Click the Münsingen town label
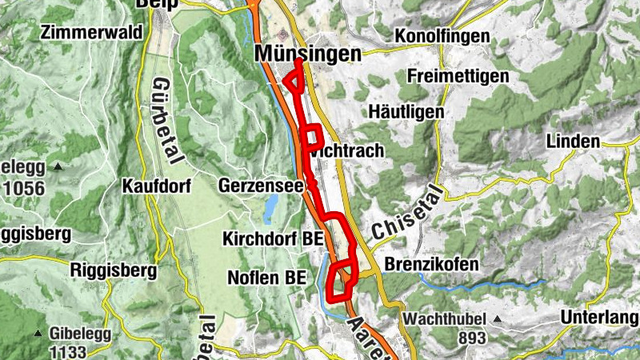pos(307,53)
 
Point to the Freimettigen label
pos(458,76)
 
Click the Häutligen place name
pos(406,112)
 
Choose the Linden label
pos(573,142)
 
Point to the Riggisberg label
pos(114,270)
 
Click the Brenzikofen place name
pos(431,264)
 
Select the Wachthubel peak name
pos(446,320)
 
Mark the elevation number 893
pos(472,338)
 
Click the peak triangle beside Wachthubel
pos(497,320)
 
